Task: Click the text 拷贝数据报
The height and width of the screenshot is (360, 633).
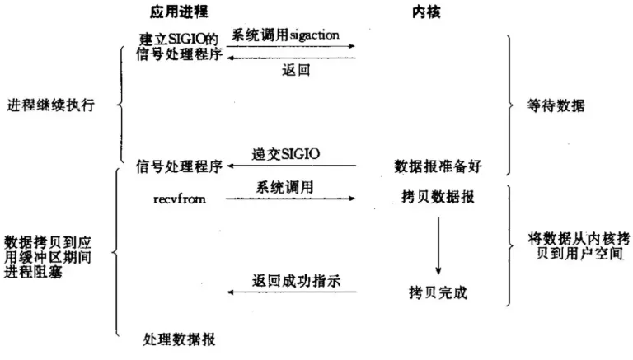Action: [x=440, y=199]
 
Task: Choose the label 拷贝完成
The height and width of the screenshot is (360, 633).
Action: [x=437, y=292]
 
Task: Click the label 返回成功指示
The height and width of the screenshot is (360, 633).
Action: [x=293, y=280]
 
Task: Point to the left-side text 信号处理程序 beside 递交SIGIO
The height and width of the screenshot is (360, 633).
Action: [x=178, y=166]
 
